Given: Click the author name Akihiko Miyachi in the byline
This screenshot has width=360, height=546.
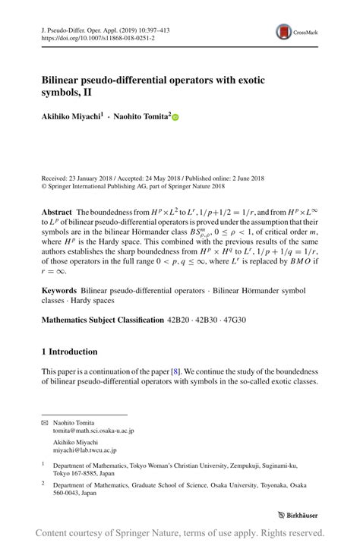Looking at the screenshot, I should pos(69,117).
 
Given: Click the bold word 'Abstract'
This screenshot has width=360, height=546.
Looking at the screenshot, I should pos(57,215).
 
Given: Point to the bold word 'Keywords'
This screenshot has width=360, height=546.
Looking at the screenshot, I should pos(58,291).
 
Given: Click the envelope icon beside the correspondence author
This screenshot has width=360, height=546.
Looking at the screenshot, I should pos(44,421).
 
